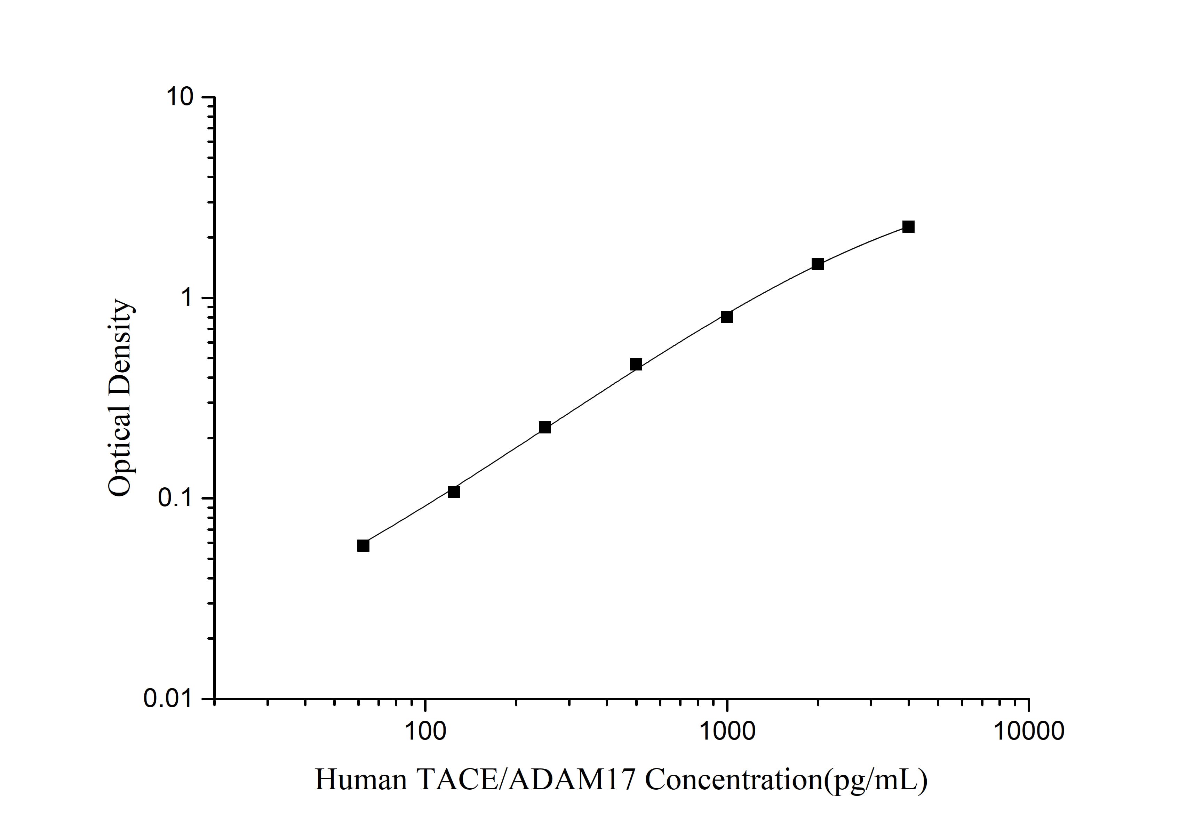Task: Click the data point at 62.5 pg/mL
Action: [x=363, y=545]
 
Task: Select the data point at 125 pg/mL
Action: [x=454, y=492]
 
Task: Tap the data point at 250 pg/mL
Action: [x=545, y=427]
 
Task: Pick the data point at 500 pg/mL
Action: [x=636, y=364]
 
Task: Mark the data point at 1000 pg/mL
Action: [x=727, y=317]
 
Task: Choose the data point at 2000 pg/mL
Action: [x=818, y=264]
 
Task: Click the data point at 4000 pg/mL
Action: [x=909, y=226]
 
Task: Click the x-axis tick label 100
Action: [x=426, y=731]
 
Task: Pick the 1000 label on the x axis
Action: [x=727, y=731]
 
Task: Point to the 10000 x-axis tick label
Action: [x=1028, y=731]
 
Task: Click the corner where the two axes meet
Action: [x=215, y=699]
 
